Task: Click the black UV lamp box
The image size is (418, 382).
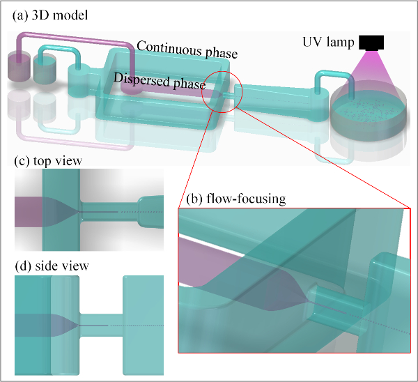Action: click(x=371, y=43)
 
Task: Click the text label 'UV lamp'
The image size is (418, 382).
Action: click(x=328, y=43)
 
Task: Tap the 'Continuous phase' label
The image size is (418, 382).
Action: click(x=187, y=50)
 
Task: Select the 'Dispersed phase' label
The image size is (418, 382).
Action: click(x=160, y=81)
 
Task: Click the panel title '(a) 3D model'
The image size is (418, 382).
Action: click(x=50, y=15)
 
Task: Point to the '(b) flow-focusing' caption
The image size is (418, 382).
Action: click(x=236, y=199)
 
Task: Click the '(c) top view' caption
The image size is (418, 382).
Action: click(x=48, y=161)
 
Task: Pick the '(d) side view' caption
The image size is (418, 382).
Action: click(x=52, y=266)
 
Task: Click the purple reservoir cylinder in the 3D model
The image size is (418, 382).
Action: click(x=19, y=66)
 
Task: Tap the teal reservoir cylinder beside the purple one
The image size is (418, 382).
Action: click(x=45, y=68)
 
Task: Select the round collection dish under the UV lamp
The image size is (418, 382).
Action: click(x=369, y=115)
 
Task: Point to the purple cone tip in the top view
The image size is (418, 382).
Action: click(x=79, y=212)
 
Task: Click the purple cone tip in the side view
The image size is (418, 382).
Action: click(x=79, y=325)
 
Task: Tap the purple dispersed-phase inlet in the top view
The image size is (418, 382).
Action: click(x=29, y=212)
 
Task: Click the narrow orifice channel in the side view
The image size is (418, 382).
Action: click(x=101, y=325)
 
